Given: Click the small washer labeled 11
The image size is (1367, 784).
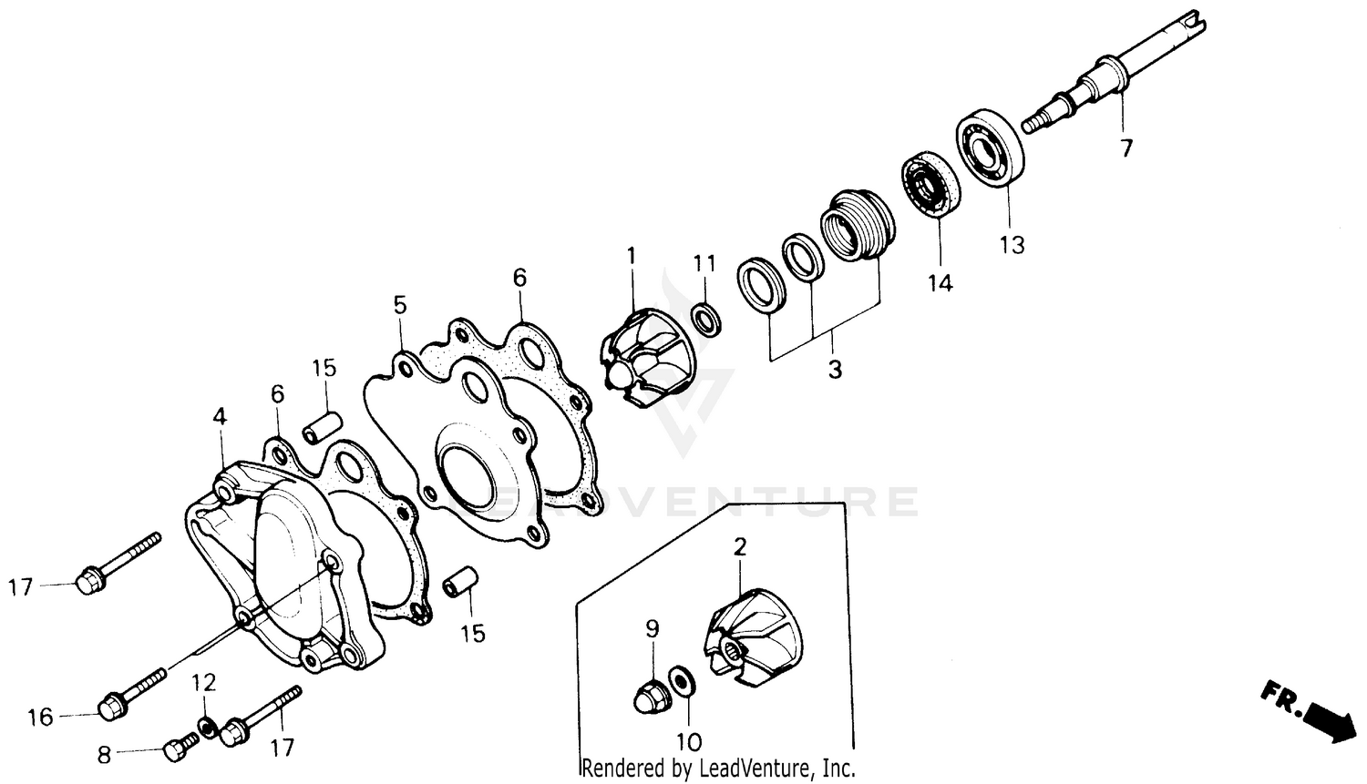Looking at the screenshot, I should pos(705,319).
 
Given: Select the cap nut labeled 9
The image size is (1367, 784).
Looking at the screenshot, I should pos(650,694).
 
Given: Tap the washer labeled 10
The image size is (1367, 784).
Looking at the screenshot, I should pos(680,680).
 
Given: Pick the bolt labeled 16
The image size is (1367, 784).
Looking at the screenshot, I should pos(132,693).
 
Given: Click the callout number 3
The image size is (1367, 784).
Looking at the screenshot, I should pos(834,370).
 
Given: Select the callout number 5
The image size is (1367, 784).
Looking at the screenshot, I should pos(400,304).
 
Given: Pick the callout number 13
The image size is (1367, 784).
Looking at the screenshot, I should pos(1012,244).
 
